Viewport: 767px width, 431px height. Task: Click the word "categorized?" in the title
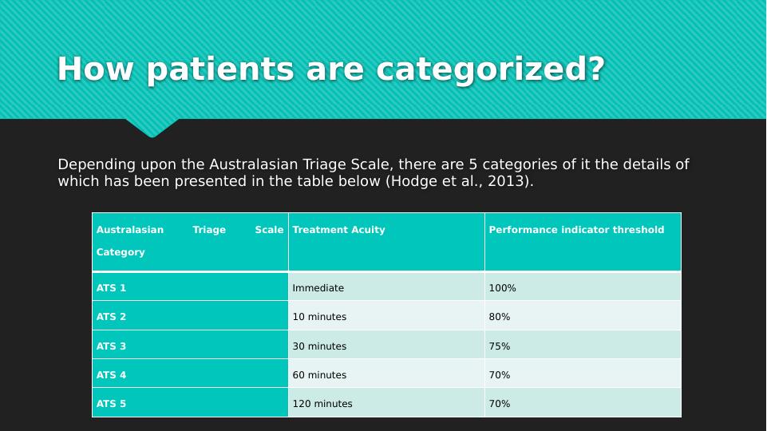pyautogui.click(x=491, y=70)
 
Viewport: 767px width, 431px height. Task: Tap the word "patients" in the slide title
pyautogui.click(x=220, y=69)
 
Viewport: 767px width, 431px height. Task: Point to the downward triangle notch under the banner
pyautogui.click(x=152, y=127)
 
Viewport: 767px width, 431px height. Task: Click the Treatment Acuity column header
pyautogui.click(x=338, y=229)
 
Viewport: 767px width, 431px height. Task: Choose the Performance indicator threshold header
pyautogui.click(x=576, y=229)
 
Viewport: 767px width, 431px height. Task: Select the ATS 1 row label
pyautogui.click(x=111, y=287)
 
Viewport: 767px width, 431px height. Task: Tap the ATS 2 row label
pyautogui.click(x=111, y=317)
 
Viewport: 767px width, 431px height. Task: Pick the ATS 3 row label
pyautogui.click(x=111, y=346)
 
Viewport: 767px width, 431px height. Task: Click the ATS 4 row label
pyautogui.click(x=111, y=375)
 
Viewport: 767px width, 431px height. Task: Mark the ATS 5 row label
pyautogui.click(x=111, y=404)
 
